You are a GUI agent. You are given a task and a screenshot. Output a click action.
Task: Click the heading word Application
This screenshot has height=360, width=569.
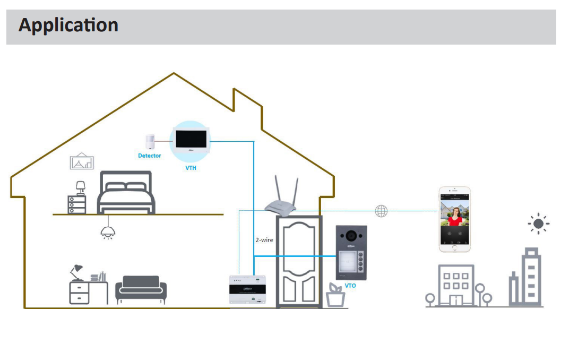click(68, 25)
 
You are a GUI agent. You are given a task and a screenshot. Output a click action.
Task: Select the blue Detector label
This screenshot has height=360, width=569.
click(149, 156)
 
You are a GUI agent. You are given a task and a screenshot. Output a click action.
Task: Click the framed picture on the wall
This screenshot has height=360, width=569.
click(82, 161)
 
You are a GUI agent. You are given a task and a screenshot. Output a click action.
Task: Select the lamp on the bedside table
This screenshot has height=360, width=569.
click(80, 187)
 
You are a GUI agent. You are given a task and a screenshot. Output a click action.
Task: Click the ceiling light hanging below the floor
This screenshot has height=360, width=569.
click(108, 232)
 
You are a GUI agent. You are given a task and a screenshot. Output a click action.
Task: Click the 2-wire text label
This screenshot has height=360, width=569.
click(264, 240)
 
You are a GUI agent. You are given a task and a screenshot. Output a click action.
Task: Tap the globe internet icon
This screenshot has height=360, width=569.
click(381, 211)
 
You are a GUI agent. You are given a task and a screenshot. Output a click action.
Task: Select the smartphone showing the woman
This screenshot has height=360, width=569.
click(454, 219)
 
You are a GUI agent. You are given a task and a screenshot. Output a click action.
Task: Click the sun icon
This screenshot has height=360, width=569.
click(538, 224)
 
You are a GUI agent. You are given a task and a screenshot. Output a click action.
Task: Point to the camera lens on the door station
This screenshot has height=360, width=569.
click(351, 235)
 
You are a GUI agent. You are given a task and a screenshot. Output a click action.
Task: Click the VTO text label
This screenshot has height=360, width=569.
click(350, 286)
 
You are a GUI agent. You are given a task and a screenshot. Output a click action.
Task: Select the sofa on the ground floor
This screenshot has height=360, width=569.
click(141, 290)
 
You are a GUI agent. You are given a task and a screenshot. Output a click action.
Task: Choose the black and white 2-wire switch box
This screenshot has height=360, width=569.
click(247, 290)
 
